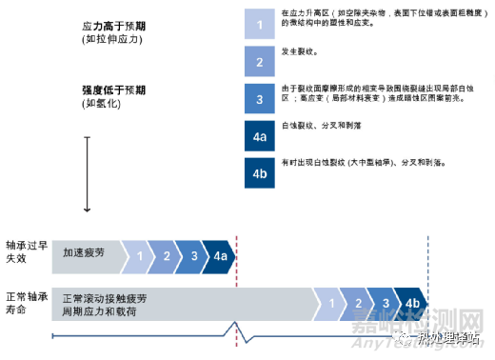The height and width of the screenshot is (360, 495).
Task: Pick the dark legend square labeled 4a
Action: (259, 136)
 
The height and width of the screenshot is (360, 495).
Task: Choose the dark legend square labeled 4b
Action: (259, 173)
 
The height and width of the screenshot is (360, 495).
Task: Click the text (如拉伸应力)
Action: (108, 44)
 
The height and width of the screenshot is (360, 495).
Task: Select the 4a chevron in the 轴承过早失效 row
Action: (220, 254)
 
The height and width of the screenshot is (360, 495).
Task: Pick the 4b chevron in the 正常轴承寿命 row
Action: (412, 302)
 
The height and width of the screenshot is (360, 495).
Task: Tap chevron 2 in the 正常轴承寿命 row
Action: (356, 302)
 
